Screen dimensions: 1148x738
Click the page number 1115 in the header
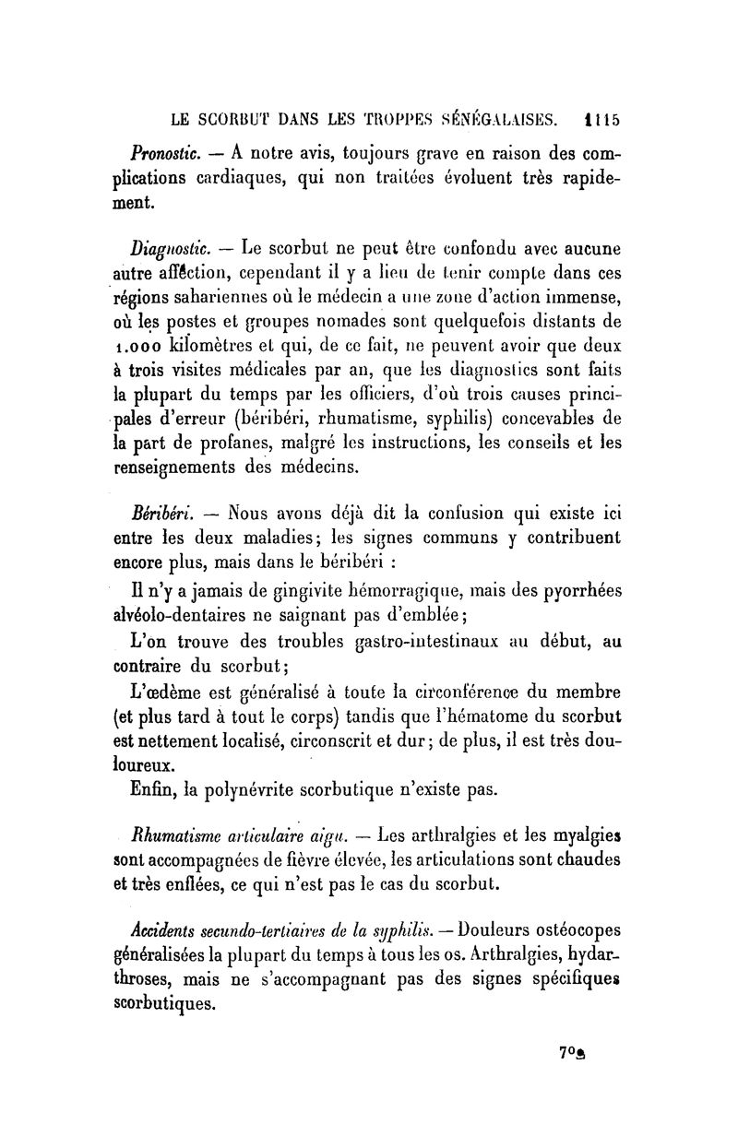tap(601, 119)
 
